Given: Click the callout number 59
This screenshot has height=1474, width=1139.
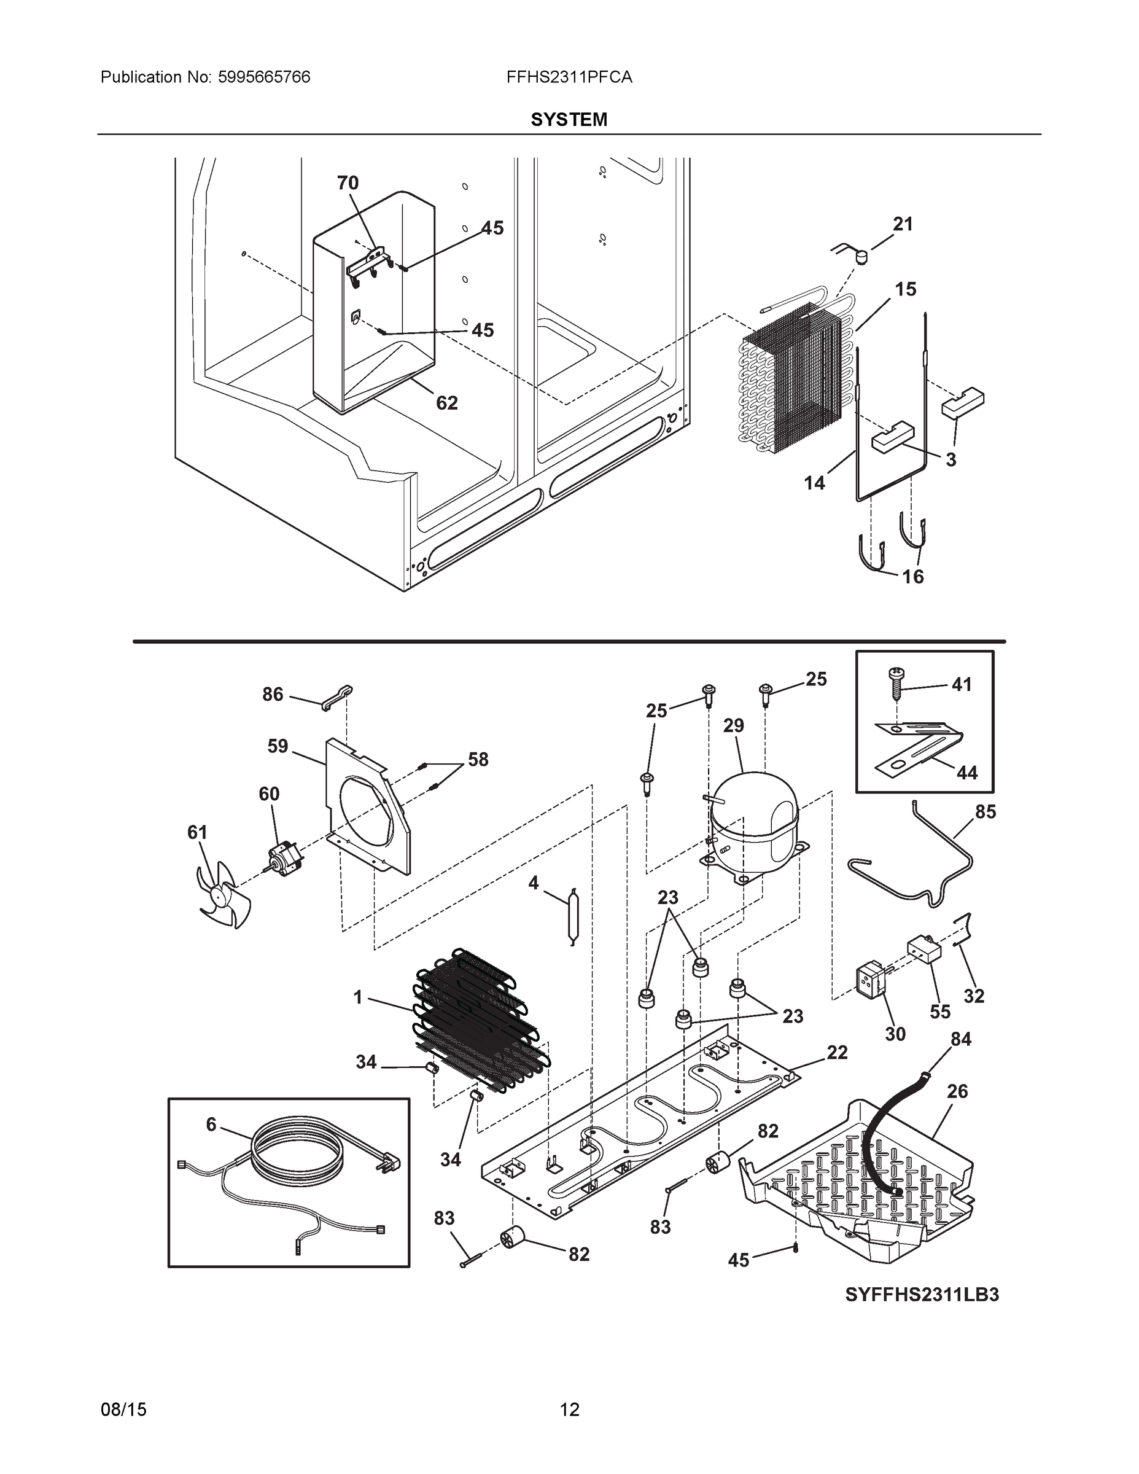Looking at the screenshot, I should click(x=278, y=746).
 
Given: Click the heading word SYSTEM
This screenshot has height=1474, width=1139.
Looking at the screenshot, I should click(x=569, y=120).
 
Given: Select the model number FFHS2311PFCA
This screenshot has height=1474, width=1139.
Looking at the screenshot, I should click(x=569, y=77).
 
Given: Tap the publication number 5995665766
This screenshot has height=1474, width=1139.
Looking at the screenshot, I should click(x=264, y=77).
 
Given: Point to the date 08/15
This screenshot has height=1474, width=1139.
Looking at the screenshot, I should click(x=123, y=1410).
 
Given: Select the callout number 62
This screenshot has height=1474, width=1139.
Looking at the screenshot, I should click(x=446, y=403).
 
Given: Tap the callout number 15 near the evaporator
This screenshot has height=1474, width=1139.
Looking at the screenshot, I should click(x=906, y=289).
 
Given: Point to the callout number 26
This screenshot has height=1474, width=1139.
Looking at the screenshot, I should click(x=957, y=1091).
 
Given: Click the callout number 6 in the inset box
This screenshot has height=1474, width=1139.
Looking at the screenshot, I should click(x=211, y=1125).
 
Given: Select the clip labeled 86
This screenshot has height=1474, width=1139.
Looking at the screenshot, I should click(x=336, y=697).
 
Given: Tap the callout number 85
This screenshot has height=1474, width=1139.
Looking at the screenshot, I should click(x=985, y=812).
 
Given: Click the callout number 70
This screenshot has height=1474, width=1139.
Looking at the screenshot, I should click(x=348, y=183).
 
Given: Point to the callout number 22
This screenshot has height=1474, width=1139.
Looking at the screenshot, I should click(x=837, y=1052).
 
